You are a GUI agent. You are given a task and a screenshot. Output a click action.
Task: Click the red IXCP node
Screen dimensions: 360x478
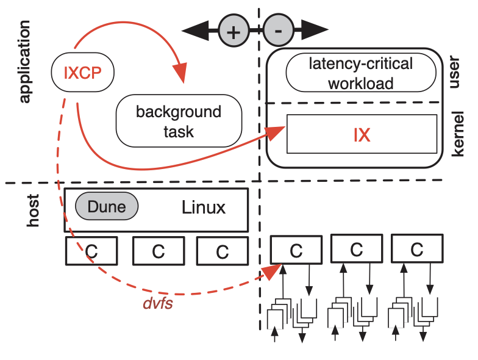coord(82,73)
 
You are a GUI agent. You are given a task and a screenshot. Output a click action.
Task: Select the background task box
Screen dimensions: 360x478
coord(179,121)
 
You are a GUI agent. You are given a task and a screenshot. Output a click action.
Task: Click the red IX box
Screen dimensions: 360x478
coord(362,135)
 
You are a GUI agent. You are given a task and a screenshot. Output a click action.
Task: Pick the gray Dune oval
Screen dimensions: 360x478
coord(107,207)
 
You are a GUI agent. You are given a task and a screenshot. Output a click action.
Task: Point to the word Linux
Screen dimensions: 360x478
coord(204,207)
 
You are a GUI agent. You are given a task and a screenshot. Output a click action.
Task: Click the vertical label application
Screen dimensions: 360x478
coord(25,61)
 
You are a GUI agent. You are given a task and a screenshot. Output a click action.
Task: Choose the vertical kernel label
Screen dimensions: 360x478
coord(458,134)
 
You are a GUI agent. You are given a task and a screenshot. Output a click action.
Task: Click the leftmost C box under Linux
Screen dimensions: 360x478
coord(91,251)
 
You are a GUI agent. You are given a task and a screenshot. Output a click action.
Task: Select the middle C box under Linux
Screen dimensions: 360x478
coord(159,251)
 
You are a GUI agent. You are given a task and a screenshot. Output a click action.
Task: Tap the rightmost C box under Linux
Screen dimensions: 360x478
coord(222,251)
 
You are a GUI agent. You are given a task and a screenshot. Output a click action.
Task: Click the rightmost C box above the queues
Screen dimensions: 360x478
coord(416,249)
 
